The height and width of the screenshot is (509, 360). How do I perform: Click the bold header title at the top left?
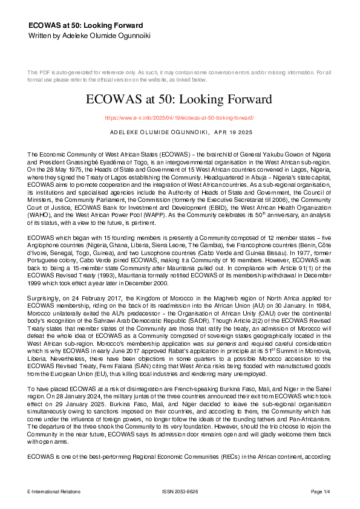pos(85,26)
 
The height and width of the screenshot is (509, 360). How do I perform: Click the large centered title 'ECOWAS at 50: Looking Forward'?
pos(180,99)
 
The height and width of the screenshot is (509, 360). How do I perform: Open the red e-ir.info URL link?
pos(179,118)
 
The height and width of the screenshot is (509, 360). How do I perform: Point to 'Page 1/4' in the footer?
pos(321,491)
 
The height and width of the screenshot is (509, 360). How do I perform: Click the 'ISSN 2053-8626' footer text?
pos(180,491)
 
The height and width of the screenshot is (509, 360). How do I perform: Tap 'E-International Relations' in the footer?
pos(54,491)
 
